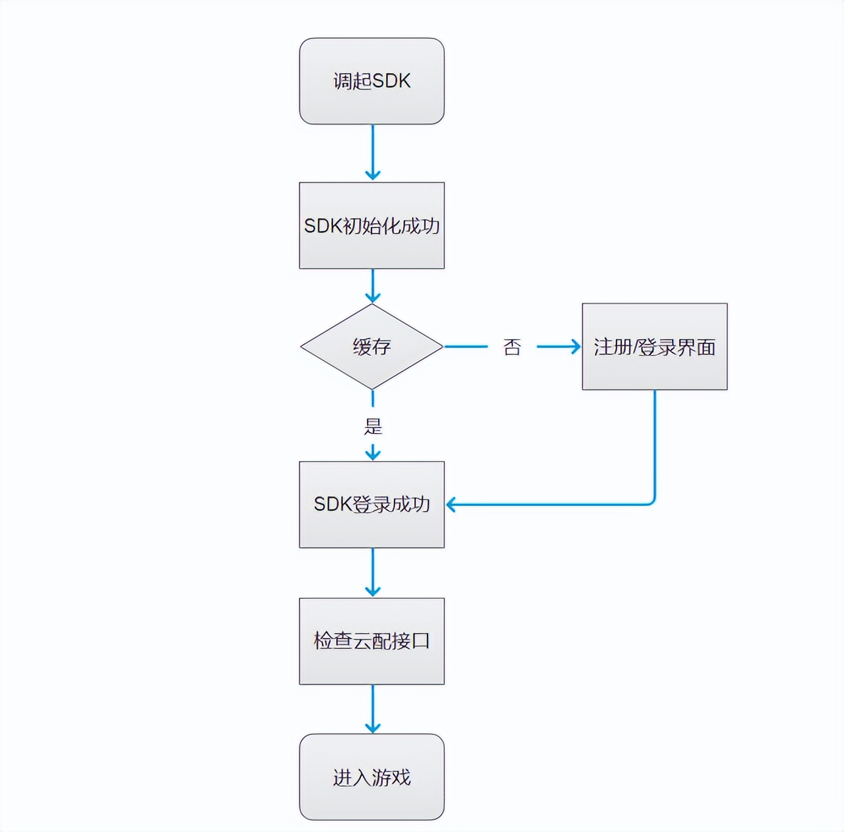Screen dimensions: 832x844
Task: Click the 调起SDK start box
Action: [x=371, y=81]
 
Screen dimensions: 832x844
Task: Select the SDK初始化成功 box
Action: [x=371, y=226]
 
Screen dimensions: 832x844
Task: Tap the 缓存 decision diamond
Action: [x=371, y=346]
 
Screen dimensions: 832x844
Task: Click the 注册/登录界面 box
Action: [x=654, y=346]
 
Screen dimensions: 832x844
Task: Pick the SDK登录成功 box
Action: [x=371, y=504]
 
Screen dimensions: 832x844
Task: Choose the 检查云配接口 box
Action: [x=371, y=641]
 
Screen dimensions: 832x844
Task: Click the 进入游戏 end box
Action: [x=371, y=777]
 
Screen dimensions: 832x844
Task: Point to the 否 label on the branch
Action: [x=512, y=347]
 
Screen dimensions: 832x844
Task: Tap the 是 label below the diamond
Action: [x=373, y=426]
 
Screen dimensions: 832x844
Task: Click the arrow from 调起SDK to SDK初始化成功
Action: [x=373, y=152]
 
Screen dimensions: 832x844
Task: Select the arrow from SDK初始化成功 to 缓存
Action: [x=373, y=285]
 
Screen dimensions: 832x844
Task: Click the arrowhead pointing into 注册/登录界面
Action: [x=575, y=346]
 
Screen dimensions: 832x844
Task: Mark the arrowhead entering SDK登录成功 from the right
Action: [x=452, y=504]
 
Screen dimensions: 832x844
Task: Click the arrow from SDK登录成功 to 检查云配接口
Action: [x=373, y=572]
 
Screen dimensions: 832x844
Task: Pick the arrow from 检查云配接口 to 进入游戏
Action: [x=373, y=709]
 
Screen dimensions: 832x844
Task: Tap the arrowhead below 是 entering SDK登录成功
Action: [x=373, y=454]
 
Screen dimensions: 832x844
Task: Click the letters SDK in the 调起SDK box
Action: [x=391, y=81]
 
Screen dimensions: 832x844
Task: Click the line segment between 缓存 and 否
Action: [x=467, y=346]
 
